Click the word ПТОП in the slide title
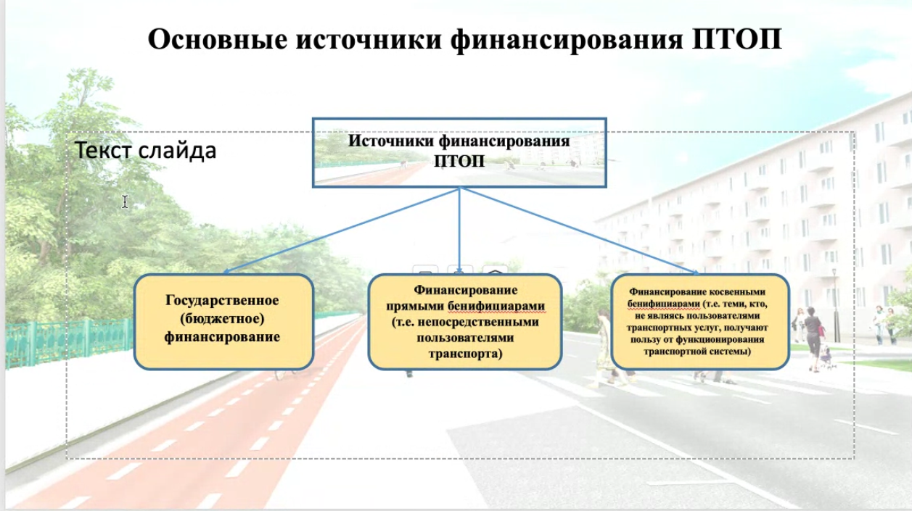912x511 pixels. click(737, 39)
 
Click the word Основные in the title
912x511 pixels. click(218, 39)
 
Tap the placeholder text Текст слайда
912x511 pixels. click(145, 150)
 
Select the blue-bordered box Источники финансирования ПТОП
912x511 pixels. click(459, 152)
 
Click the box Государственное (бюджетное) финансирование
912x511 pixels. click(223, 321)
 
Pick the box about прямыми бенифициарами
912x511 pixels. click(465, 321)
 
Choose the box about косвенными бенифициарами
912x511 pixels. click(700, 321)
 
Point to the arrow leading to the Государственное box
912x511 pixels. click(341, 230)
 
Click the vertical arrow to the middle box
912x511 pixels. click(459, 230)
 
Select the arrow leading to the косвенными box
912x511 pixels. click(580, 230)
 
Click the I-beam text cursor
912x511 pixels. click(125, 202)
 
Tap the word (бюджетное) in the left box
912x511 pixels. click(222, 319)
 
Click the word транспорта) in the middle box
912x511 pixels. click(465, 354)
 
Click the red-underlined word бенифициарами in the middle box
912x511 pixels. click(496, 306)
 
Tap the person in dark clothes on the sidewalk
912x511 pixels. click(813, 338)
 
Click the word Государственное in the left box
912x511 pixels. click(222, 300)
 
